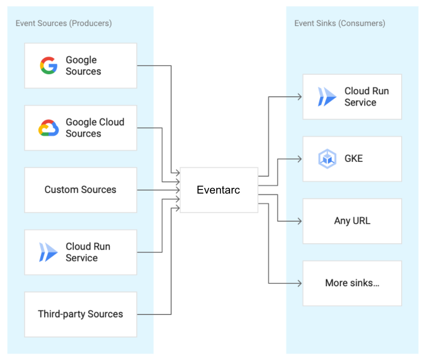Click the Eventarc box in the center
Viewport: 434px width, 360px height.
click(219, 190)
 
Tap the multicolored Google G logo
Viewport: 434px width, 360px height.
click(49, 66)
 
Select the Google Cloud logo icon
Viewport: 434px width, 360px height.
click(49, 128)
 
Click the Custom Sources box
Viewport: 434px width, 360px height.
click(80, 190)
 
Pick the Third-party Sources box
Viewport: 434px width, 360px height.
click(80, 314)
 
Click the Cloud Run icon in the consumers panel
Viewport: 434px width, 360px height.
click(327, 97)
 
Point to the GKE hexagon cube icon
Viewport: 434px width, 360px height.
click(327, 159)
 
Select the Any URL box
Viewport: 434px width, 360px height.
click(352, 221)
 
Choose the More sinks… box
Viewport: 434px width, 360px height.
click(352, 283)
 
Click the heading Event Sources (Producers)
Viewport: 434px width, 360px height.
click(64, 23)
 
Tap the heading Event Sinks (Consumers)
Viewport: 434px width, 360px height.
click(340, 23)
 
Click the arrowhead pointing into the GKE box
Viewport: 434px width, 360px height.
click(299, 159)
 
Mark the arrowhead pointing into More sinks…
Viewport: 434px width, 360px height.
click(299, 283)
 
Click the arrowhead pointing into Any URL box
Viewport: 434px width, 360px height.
click(299, 221)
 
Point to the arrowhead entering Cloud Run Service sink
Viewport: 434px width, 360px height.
click(299, 96)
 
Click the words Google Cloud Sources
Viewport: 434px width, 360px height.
click(95, 128)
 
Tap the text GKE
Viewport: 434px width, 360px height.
click(354, 159)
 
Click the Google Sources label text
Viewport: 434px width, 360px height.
click(83, 66)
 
